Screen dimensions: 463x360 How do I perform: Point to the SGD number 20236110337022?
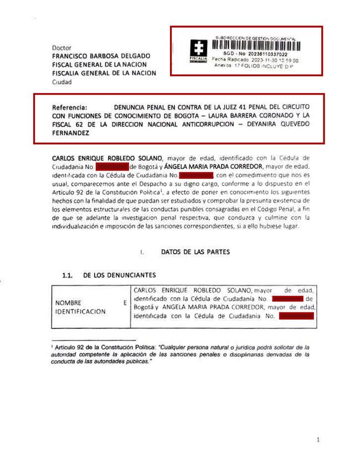click(x=267, y=54)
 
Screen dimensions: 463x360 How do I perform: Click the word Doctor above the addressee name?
click(x=61, y=48)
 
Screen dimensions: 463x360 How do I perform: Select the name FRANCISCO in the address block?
click(x=70, y=56)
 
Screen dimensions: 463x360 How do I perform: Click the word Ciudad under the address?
click(x=61, y=82)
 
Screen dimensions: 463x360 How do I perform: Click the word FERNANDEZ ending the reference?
click(x=71, y=133)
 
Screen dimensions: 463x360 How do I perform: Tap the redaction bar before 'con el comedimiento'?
click(x=188, y=176)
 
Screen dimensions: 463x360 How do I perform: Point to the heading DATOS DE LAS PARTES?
click(x=196, y=252)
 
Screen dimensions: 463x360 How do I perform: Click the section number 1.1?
click(x=68, y=275)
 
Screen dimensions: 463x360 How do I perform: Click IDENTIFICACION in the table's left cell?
click(x=80, y=312)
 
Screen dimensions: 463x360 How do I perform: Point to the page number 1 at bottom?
click(x=318, y=440)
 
